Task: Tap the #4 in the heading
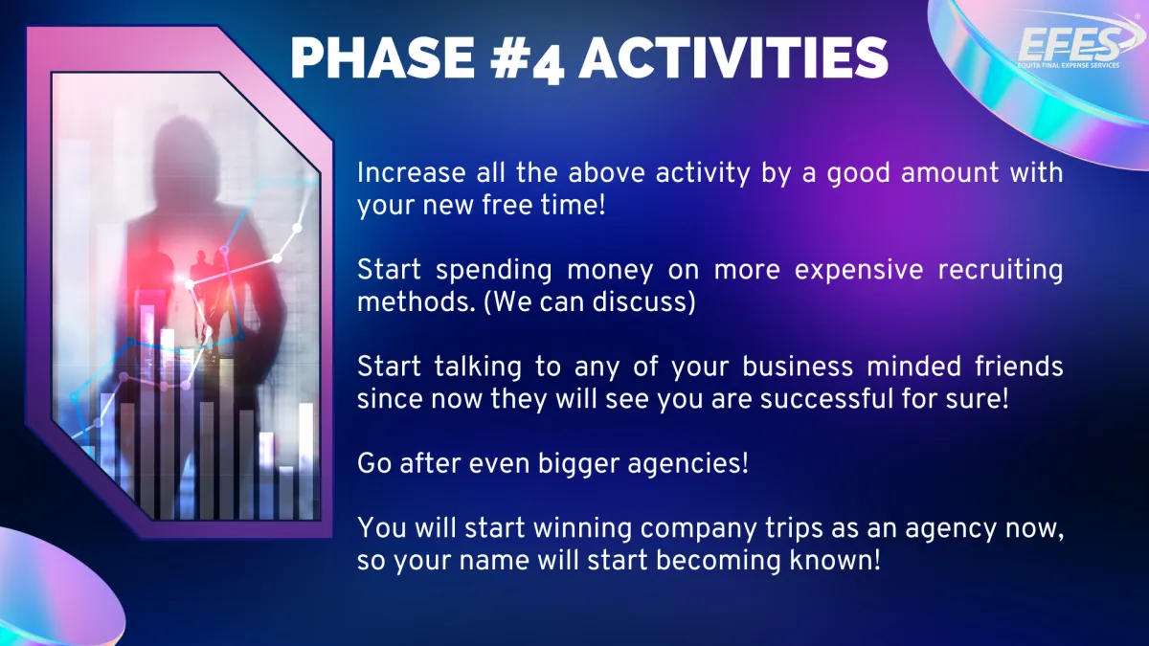[x=527, y=59]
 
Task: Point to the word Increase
[x=412, y=173]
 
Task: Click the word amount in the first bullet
[x=950, y=173]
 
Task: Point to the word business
[x=798, y=368]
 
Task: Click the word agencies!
[x=687, y=465]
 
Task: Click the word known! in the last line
[x=835, y=561]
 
